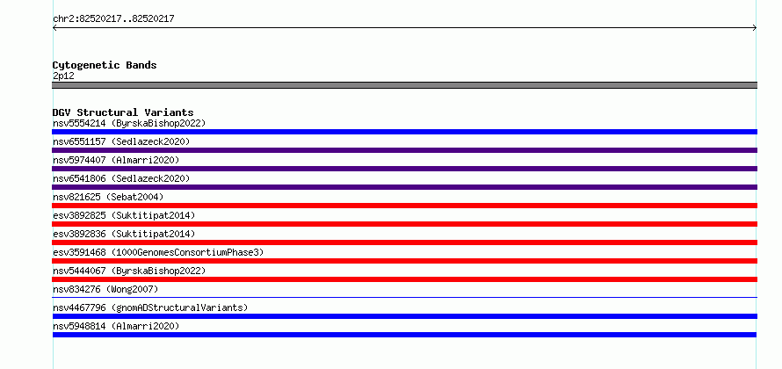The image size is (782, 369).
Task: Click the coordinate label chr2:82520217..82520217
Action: tap(113, 19)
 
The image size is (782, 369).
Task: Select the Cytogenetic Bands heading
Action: tap(105, 65)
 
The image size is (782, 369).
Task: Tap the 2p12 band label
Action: tap(63, 76)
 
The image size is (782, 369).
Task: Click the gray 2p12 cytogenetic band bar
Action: tap(404, 85)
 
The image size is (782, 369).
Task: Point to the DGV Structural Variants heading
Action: tap(123, 112)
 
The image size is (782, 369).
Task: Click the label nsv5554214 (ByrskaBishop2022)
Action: tap(129, 123)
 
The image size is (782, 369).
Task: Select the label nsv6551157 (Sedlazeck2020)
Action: tap(121, 141)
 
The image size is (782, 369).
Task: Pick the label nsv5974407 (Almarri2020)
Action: tap(116, 160)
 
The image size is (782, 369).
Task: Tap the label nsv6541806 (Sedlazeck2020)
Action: tap(121, 178)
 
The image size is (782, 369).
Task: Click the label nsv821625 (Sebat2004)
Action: tap(108, 197)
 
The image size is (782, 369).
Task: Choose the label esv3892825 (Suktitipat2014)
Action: tap(124, 215)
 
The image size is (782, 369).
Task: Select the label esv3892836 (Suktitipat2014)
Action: tap(124, 234)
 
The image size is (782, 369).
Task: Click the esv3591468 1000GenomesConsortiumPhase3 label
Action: tap(158, 252)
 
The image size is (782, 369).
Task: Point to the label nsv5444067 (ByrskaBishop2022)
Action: tap(129, 271)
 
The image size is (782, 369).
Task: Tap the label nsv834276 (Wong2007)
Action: tap(105, 289)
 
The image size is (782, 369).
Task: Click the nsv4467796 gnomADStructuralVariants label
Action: tap(150, 307)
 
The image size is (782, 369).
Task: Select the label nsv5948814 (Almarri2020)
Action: tap(116, 326)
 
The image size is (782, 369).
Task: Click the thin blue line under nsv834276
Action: tap(404, 298)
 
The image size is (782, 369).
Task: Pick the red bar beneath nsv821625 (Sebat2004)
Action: tap(404, 206)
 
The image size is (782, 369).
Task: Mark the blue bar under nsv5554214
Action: tap(404, 132)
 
